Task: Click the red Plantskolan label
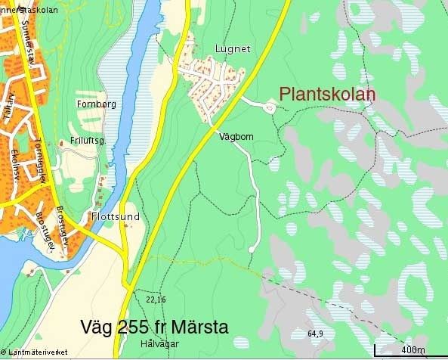click(x=327, y=95)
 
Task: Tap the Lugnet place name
click(x=233, y=49)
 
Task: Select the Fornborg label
click(x=97, y=104)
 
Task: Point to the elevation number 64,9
click(x=315, y=334)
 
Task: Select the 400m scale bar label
click(x=412, y=349)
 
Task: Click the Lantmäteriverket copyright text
click(x=36, y=352)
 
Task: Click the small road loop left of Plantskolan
click(x=269, y=108)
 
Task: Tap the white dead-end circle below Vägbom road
click(x=251, y=249)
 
